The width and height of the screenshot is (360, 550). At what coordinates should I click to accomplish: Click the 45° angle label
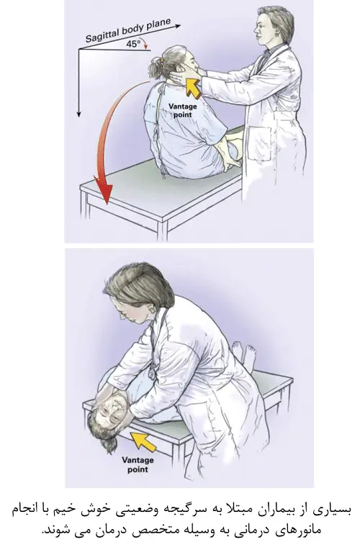point(133,44)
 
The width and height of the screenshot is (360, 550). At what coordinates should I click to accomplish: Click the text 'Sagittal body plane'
point(128,30)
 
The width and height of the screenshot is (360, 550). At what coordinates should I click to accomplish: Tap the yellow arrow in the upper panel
point(192,87)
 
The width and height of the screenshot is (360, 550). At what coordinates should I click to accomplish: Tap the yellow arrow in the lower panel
point(143,441)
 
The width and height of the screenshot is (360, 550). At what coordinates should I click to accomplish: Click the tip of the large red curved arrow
point(106,205)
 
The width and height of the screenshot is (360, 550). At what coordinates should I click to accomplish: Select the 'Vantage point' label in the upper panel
point(182,110)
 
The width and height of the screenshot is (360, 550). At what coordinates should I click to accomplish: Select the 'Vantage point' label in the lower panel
point(138,464)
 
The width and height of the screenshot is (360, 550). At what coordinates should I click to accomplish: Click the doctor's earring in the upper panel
point(277,35)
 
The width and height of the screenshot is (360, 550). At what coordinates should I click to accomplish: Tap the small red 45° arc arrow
point(145,45)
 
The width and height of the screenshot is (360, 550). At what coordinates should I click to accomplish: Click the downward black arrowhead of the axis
point(79,113)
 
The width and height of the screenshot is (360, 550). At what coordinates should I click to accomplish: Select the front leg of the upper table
point(163,230)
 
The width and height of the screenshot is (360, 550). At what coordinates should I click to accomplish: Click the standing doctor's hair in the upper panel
point(278,20)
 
